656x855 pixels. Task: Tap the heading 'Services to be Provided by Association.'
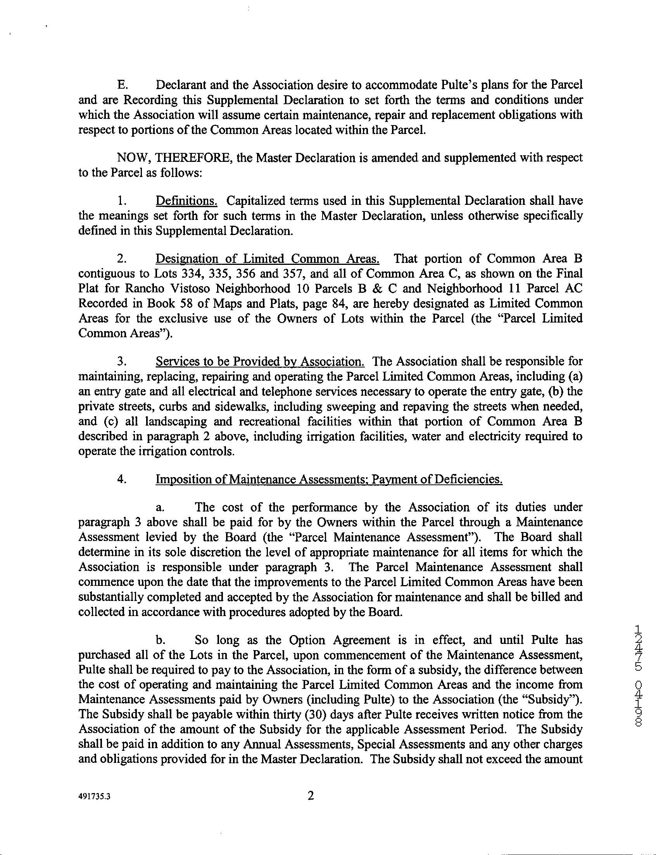(x=260, y=362)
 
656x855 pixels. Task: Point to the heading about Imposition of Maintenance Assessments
(x=329, y=479)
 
